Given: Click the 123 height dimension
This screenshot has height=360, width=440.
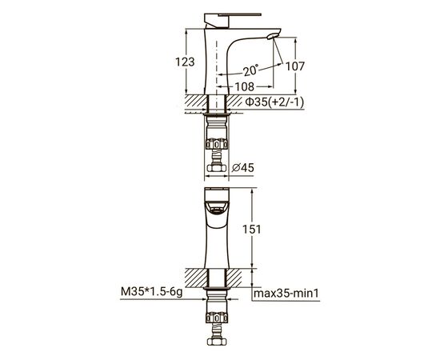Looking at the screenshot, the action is [185, 62].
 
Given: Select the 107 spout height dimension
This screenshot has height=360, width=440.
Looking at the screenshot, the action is [295, 66].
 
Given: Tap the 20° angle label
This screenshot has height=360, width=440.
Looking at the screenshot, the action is [251, 70].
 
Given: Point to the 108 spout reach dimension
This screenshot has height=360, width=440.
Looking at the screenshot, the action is [245, 86].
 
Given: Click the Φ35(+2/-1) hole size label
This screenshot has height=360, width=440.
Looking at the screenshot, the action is [274, 102].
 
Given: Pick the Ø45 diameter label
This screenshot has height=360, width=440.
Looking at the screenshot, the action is [243, 168].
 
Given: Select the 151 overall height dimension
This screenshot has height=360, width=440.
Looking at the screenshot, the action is [252, 230].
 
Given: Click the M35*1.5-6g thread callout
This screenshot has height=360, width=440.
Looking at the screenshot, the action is [151, 292].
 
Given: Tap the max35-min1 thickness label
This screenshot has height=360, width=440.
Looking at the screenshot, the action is [286, 294].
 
